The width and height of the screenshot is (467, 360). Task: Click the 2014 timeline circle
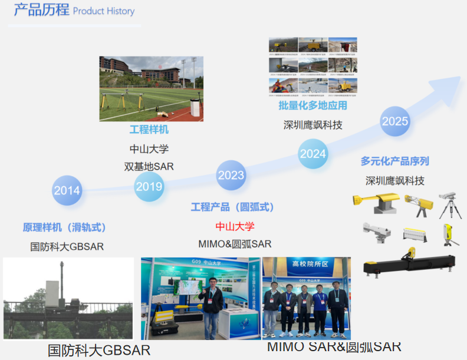(x=67, y=190)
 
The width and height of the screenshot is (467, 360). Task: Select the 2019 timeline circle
(x=150, y=187)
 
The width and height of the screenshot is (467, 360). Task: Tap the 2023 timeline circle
(x=231, y=175)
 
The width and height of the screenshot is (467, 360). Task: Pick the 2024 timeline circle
(x=313, y=154)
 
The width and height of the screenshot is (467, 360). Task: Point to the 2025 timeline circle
(x=395, y=121)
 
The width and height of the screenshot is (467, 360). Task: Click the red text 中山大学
(x=235, y=226)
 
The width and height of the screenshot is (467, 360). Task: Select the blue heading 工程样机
(x=149, y=130)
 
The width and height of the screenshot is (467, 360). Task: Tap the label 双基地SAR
(x=149, y=166)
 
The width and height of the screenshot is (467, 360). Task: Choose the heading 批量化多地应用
(x=313, y=106)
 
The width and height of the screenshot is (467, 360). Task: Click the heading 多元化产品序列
(x=394, y=161)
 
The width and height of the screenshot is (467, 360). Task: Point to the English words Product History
(x=104, y=11)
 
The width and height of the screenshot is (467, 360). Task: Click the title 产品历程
(x=41, y=11)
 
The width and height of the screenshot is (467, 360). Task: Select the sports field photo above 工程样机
(x=151, y=89)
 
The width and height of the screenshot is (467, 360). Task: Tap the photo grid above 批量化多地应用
(x=313, y=66)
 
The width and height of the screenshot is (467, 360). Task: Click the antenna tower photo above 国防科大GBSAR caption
(x=68, y=298)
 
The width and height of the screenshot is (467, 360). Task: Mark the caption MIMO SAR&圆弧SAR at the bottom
(x=334, y=346)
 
